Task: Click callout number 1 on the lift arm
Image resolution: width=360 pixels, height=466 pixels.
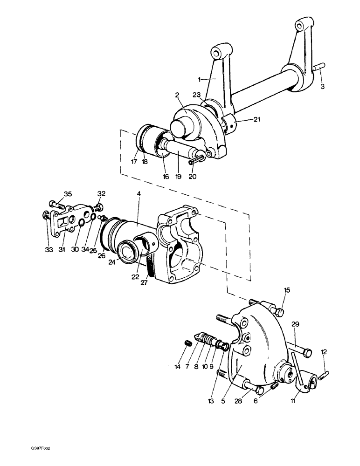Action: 200,80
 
